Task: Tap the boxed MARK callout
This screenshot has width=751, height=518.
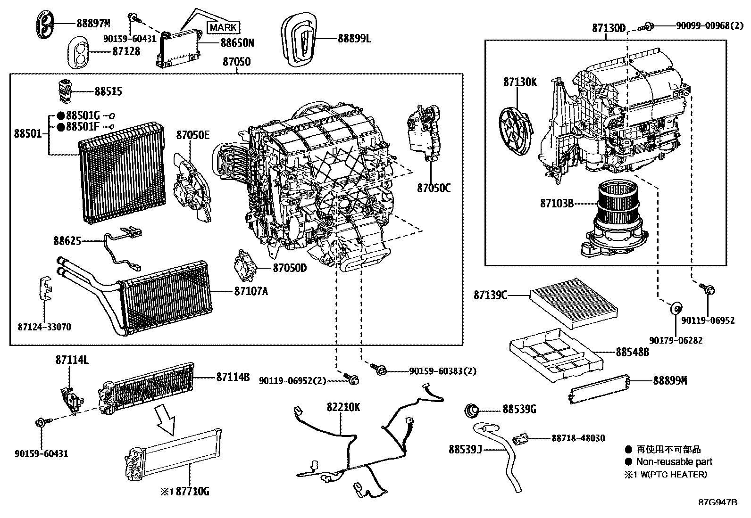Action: click(223, 27)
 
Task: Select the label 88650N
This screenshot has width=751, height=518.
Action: click(237, 43)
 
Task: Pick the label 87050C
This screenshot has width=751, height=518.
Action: click(434, 188)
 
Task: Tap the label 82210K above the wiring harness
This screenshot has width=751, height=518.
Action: click(343, 406)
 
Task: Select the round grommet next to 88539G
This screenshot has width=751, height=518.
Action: click(472, 410)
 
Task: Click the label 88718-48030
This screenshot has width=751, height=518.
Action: click(578, 438)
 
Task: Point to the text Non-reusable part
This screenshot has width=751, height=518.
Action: click(674, 462)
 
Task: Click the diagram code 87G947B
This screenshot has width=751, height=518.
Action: click(718, 502)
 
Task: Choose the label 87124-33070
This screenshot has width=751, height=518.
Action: click(44, 327)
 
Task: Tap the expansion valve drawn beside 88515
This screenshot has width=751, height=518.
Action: click(65, 90)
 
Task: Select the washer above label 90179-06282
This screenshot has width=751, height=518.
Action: click(676, 309)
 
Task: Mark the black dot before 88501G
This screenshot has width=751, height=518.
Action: click(61, 116)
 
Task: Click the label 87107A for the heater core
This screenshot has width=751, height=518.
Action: click(250, 291)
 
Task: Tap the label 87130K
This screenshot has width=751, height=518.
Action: click(520, 82)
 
